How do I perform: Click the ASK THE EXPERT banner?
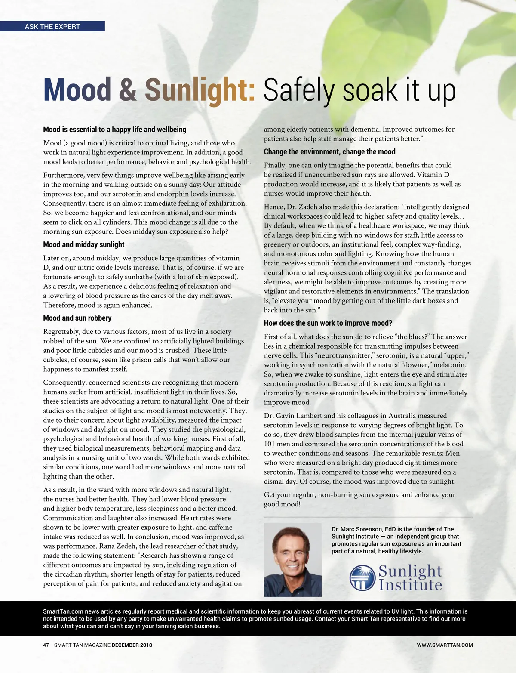pos(52,26)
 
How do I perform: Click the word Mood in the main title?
pos(77,90)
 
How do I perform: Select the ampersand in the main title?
pos(128,90)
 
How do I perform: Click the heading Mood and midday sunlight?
pos(84,244)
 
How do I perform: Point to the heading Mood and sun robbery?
pos(77,318)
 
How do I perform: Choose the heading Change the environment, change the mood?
pos(329,152)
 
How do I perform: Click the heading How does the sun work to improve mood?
pos(328,323)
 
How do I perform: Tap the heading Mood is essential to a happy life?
pos(115,130)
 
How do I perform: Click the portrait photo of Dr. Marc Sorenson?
pos(292,559)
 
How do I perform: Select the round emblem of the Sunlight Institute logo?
pos(362,578)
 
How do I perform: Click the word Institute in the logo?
pos(410,585)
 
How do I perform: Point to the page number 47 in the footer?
pos(46,645)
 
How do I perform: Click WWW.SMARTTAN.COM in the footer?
pos(445,645)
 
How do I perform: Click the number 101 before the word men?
pos(269,444)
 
